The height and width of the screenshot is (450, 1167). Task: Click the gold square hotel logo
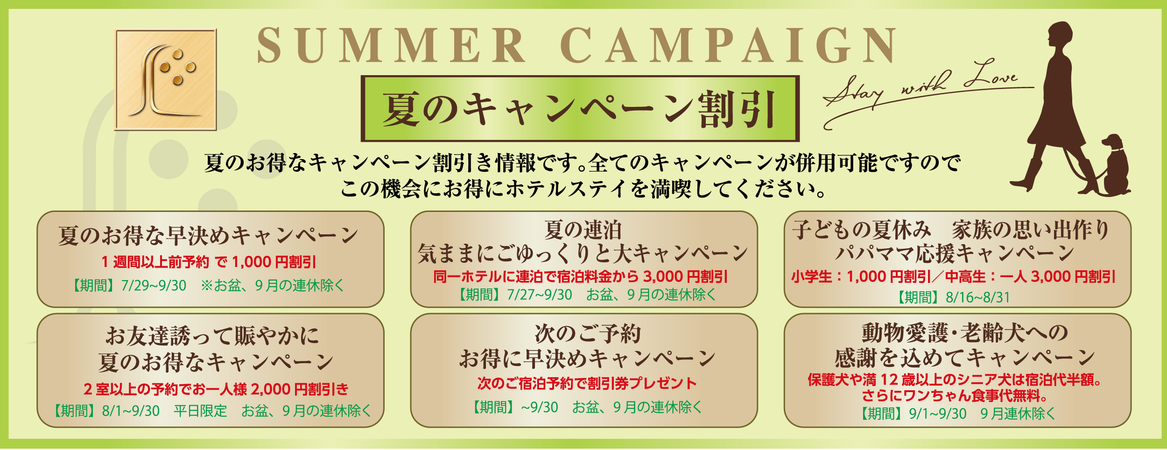[x=166, y=79]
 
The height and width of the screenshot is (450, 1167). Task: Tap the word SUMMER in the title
[x=391, y=45]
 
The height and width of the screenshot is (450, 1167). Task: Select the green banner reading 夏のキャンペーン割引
[x=580, y=109]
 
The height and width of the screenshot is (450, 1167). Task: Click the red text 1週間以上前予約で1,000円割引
[x=209, y=262]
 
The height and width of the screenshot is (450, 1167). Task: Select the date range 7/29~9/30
[x=154, y=285]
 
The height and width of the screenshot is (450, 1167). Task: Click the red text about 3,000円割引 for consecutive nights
[x=580, y=277]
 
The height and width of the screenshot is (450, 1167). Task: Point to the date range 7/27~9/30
[x=540, y=295]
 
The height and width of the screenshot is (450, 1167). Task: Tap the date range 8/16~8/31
[x=978, y=297]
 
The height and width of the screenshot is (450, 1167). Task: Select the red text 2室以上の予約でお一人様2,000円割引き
[x=216, y=389]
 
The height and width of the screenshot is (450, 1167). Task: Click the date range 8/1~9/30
[x=131, y=411]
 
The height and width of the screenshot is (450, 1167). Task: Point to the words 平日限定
[x=200, y=411]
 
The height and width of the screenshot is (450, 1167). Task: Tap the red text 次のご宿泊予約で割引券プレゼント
[x=587, y=383]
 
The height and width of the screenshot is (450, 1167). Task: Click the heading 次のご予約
[x=588, y=334]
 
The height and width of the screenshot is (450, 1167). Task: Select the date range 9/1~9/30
[x=938, y=414]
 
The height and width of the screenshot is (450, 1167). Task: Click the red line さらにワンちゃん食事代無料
[x=955, y=396]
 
